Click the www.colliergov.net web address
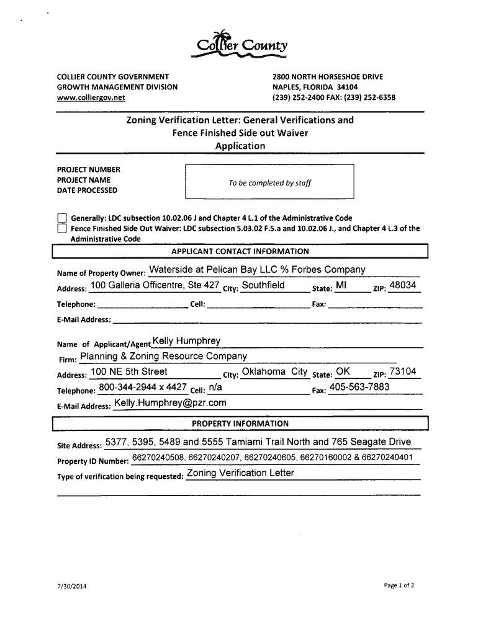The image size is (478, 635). coord(91,98)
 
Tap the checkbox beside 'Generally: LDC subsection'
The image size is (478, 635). coord(61,218)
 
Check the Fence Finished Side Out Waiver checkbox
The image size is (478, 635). coord(61,229)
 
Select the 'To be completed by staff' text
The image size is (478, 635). coord(269,183)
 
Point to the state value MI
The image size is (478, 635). coord(341,286)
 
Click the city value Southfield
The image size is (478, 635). coord(263,286)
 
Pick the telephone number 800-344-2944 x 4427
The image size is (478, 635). coord(143,388)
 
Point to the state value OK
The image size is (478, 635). coord(343,372)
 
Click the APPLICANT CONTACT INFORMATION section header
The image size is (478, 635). coord(240,251)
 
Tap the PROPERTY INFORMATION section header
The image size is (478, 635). coord(240,424)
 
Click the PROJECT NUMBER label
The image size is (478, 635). coord(88,170)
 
